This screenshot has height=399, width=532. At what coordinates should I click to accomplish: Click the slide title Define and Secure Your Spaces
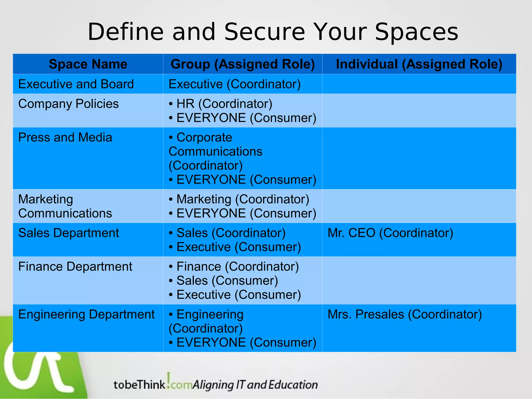tap(273, 32)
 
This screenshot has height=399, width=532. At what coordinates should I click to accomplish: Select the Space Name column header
tap(88, 64)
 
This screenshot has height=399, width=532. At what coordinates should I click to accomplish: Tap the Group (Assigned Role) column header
tap(243, 64)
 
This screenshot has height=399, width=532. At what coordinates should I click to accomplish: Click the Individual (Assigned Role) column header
tap(419, 64)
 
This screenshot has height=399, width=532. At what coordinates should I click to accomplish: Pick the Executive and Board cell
tap(76, 84)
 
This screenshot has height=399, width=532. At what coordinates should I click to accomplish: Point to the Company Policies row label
tap(68, 104)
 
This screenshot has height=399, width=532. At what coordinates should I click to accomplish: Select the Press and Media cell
tap(65, 137)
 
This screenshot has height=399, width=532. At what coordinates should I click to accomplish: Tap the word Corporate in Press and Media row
tap(204, 137)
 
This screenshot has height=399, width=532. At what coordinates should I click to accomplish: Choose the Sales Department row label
tap(68, 233)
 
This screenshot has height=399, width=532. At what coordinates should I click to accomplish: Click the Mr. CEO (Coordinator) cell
tap(390, 233)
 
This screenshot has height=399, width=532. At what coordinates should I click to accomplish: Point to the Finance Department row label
tap(75, 267)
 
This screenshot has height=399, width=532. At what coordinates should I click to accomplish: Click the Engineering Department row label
tap(86, 315)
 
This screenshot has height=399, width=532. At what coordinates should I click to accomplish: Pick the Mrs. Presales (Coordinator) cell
tap(404, 315)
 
